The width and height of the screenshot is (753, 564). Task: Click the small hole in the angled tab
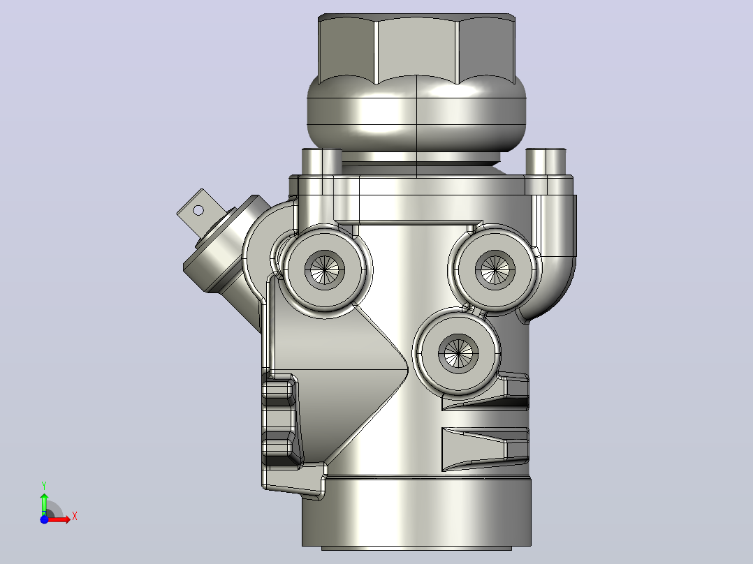click(x=198, y=210)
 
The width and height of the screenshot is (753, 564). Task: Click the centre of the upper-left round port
click(x=325, y=269)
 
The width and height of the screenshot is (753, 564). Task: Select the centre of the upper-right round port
click(x=495, y=269)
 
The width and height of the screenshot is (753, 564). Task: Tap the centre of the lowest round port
click(x=458, y=353)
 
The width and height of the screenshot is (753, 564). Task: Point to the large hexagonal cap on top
click(x=416, y=48)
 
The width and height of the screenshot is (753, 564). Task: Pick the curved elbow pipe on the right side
click(x=553, y=250)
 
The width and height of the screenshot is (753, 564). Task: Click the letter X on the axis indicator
click(x=75, y=517)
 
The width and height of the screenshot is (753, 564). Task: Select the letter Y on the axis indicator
click(x=44, y=486)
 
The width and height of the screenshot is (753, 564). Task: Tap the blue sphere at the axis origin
click(x=44, y=519)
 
